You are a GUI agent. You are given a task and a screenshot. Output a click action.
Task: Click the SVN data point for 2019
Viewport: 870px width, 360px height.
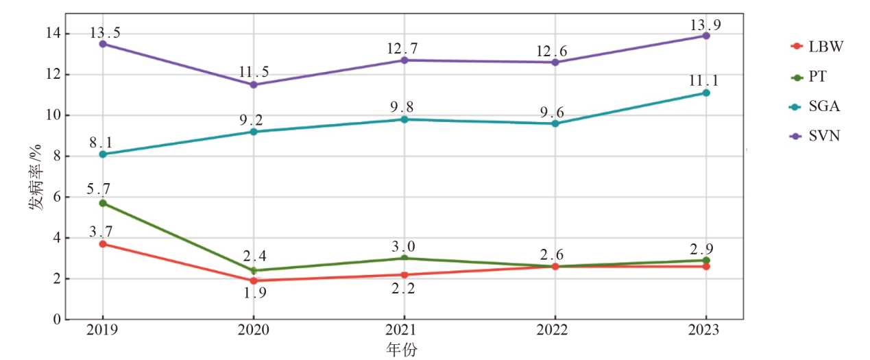[x=103, y=44]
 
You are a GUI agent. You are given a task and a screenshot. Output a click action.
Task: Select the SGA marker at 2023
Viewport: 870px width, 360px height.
[x=706, y=93]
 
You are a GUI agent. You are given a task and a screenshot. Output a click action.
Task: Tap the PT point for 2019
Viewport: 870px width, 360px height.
[x=103, y=203]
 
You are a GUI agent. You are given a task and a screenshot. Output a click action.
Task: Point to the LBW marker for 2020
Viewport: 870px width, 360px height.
[x=254, y=280]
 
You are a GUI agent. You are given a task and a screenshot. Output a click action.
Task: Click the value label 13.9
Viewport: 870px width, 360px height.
[x=706, y=25]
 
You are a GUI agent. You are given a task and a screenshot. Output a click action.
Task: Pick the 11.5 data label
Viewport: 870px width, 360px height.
[x=254, y=72]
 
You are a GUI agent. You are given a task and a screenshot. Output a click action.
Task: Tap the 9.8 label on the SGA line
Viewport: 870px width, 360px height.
[x=404, y=108]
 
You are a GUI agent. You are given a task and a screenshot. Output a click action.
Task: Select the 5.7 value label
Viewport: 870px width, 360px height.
[x=103, y=189]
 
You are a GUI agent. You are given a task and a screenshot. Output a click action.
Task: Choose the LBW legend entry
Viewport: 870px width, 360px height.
[x=816, y=47]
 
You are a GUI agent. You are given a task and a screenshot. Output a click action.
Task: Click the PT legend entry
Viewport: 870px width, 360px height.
[x=809, y=77]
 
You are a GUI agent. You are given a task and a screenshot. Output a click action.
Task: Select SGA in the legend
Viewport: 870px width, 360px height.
[x=814, y=106]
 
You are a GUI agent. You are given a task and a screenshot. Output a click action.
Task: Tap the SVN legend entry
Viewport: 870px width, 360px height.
[x=815, y=136]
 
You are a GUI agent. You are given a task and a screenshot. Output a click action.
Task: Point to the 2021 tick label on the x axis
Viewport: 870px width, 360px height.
[x=404, y=331]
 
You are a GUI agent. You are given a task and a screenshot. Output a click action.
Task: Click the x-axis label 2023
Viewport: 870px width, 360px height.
[x=706, y=331]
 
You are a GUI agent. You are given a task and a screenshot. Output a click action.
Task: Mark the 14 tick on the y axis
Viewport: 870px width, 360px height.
[x=53, y=34]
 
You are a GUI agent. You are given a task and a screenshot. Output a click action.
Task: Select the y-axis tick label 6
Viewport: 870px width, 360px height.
[x=57, y=197]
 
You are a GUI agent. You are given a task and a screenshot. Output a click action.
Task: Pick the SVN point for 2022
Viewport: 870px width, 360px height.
[x=555, y=62]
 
